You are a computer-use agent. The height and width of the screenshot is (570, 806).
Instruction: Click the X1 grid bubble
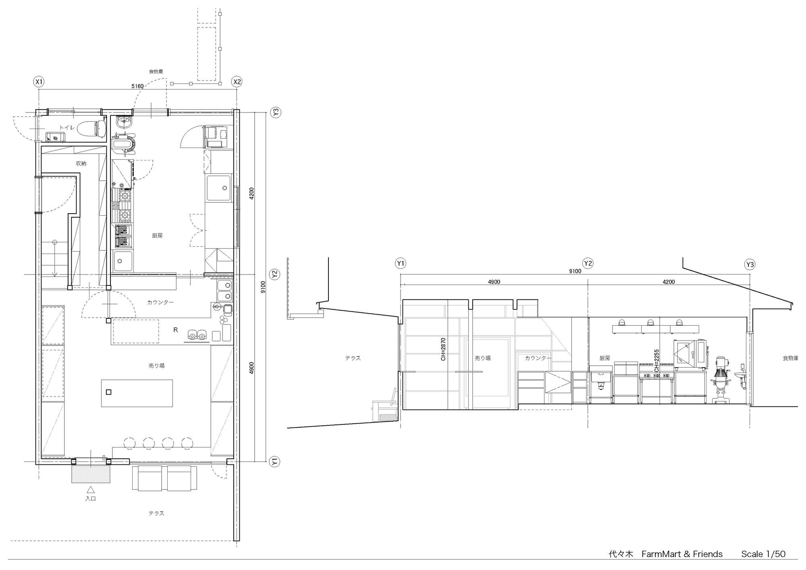[x=39, y=82]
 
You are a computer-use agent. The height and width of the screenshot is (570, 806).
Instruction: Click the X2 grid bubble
[x=237, y=82]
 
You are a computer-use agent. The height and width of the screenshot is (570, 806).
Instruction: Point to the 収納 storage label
[x=81, y=163]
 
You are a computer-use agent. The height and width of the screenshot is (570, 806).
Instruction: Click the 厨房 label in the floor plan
[x=157, y=235]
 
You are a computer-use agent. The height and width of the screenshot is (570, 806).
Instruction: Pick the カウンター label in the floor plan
[x=160, y=302]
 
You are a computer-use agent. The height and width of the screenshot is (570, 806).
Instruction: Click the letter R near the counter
[x=175, y=330]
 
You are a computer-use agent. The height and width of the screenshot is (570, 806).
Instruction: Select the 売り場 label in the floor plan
[x=156, y=366]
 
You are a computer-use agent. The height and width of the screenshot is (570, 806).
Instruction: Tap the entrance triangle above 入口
[x=91, y=490]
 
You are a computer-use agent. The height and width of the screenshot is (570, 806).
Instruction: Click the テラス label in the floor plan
[x=156, y=513]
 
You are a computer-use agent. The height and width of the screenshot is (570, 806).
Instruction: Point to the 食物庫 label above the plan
[x=156, y=71]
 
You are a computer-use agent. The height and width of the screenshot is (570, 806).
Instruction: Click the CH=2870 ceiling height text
[x=443, y=349]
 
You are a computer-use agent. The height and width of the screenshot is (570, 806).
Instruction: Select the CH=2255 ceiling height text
[x=656, y=360]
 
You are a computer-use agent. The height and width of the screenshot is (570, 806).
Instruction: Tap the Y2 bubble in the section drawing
[x=588, y=264]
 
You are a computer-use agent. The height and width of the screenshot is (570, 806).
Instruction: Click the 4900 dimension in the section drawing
[x=494, y=282]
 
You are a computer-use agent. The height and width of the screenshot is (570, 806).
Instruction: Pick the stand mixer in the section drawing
[x=721, y=379]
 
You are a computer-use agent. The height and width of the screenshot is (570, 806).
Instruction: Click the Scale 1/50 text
[x=763, y=554]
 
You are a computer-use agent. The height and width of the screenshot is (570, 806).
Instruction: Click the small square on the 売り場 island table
[x=108, y=392]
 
